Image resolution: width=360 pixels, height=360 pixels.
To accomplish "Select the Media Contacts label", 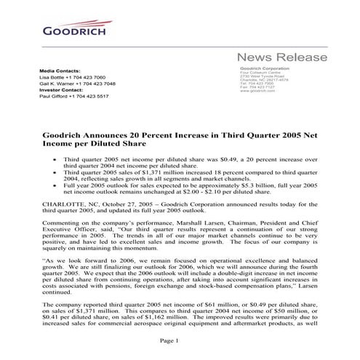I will [x=60, y=70].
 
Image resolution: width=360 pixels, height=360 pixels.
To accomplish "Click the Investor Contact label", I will [x=63, y=89].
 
